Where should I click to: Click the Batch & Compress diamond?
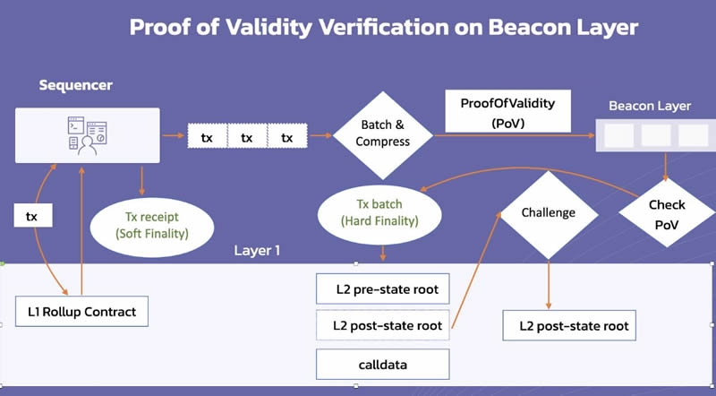(383, 134)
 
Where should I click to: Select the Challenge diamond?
(548, 212)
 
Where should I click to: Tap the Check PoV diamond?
(667, 215)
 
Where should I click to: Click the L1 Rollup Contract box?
(81, 311)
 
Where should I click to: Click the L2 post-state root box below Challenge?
(567, 326)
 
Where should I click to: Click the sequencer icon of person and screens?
(87, 135)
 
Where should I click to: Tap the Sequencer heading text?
(75, 86)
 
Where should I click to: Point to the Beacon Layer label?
(649, 106)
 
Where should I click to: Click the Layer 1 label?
(257, 250)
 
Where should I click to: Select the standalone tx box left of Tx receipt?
(31, 216)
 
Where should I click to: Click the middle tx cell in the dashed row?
(247, 138)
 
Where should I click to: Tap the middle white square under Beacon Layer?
(656, 135)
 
